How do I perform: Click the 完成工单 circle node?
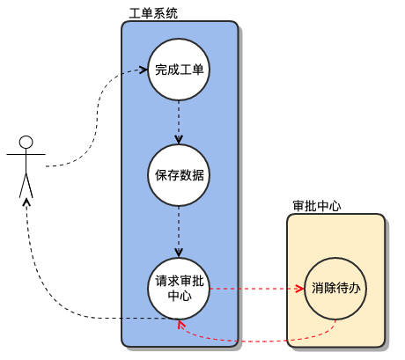coord(180,70)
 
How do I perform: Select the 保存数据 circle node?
coord(180,173)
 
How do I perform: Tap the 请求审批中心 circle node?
coord(180,288)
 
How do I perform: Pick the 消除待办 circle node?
coord(335,288)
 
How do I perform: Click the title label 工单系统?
coord(152,12)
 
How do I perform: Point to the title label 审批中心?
coord(316,205)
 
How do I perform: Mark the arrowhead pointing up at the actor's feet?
coord(26,203)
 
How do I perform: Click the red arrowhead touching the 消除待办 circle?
coord(299,288)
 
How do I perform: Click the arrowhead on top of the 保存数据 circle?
coord(180,140)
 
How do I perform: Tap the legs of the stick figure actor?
coord(26,186)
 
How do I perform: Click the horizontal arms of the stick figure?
coord(26,154)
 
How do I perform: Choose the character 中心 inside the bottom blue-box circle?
coord(180,296)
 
